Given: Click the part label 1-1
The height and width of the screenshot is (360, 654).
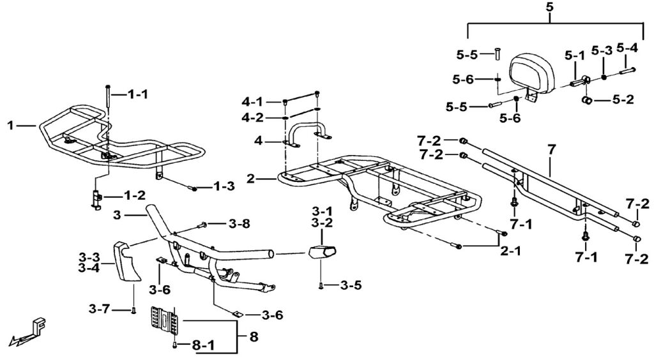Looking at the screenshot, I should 137,94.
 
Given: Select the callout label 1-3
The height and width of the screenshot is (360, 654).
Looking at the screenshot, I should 224,186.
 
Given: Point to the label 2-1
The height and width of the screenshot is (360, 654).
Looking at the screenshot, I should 510,251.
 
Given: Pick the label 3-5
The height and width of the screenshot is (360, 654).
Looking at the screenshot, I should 351,285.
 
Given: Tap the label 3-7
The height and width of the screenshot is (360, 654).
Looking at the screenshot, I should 100,310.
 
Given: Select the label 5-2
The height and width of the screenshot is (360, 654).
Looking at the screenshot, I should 622,100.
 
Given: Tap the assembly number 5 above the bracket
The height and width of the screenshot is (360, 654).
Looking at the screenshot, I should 551,8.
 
